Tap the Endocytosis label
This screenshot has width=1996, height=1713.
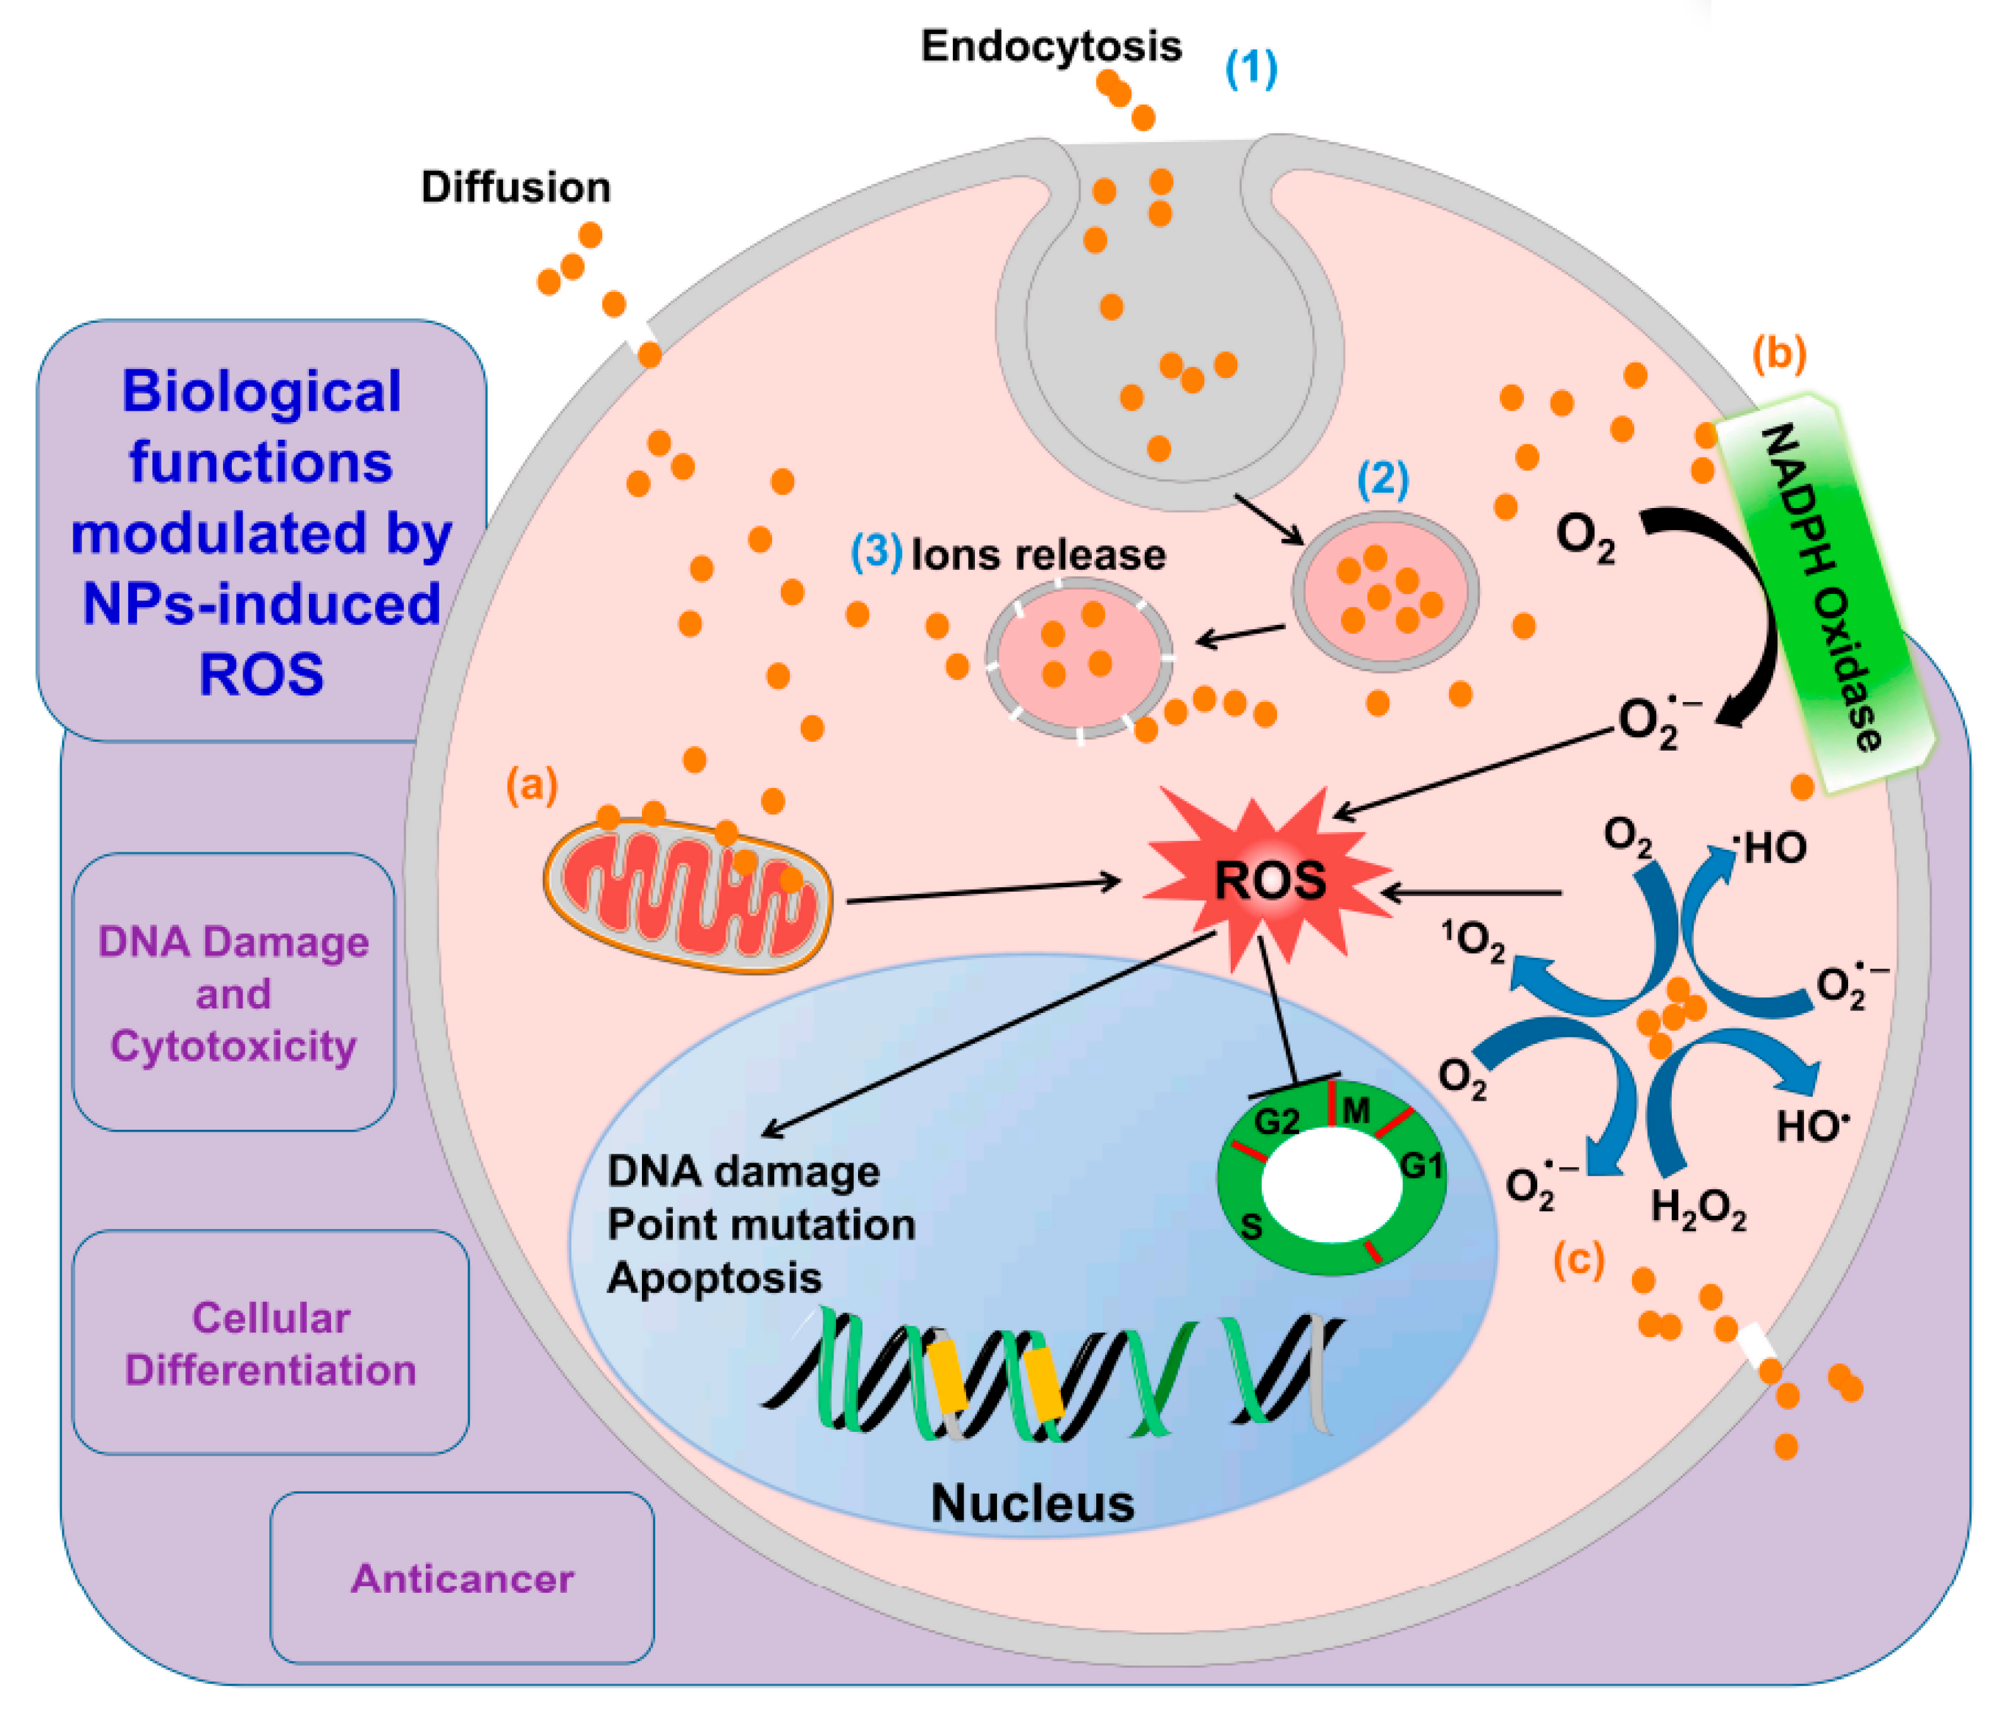(x=1051, y=46)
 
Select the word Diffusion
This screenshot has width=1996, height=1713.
(x=516, y=187)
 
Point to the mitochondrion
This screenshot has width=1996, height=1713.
(x=687, y=895)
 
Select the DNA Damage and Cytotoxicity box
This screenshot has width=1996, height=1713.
(x=233, y=992)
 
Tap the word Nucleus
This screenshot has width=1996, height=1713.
(x=1032, y=1503)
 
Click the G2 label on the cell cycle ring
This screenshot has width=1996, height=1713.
(x=1276, y=1120)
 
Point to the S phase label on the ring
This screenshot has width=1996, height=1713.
(x=1251, y=1226)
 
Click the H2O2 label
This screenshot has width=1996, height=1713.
(x=1697, y=1208)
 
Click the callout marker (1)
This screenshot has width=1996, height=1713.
(x=1250, y=68)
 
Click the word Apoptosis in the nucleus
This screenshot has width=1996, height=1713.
(x=714, y=1278)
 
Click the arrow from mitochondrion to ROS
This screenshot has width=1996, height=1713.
(x=983, y=890)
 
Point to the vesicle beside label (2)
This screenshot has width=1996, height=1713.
(x=1384, y=591)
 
